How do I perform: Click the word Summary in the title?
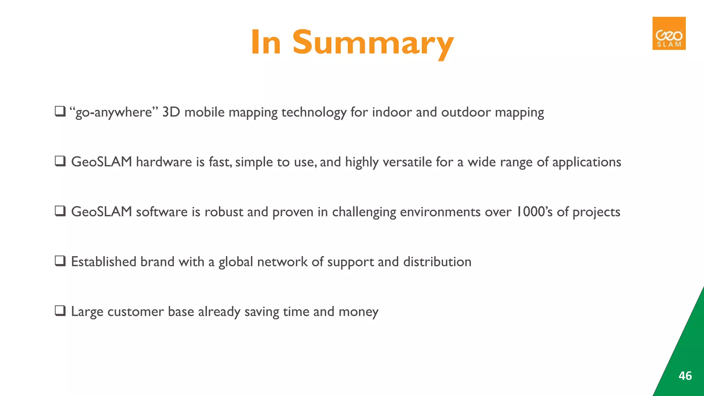tap(373, 43)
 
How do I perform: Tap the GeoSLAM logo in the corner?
tap(669, 33)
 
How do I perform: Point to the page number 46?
tap(685, 376)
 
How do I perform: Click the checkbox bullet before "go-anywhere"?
tap(60, 111)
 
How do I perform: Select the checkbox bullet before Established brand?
tap(60, 261)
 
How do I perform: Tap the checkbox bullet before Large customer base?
tap(60, 311)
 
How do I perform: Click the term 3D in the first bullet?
tap(171, 112)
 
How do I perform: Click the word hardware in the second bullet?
tap(164, 162)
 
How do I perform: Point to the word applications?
tap(586, 162)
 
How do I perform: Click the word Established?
tap(103, 262)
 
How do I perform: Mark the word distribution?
tap(437, 262)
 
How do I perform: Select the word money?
tap(358, 312)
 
